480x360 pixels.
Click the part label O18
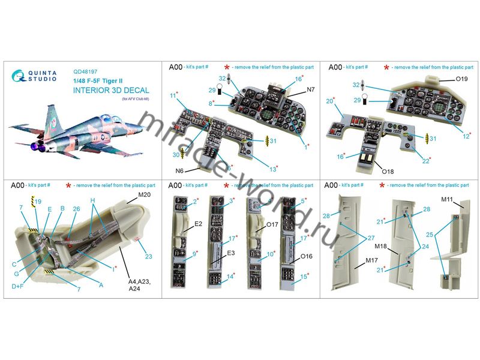click(388, 171)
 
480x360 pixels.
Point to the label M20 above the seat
click(145, 196)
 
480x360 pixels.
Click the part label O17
click(272, 226)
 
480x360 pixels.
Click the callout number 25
click(431, 235)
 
